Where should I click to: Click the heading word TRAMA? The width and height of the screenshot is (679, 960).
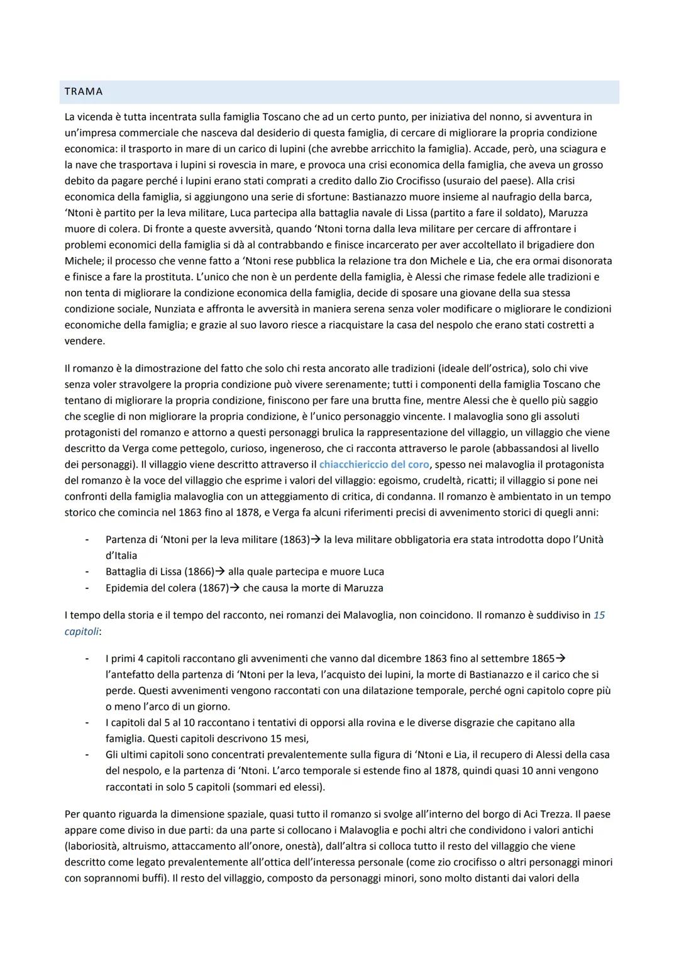tap(84, 92)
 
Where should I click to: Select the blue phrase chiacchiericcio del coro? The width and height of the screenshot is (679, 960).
tap(374, 465)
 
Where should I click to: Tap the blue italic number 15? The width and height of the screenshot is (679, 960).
tap(599, 615)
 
